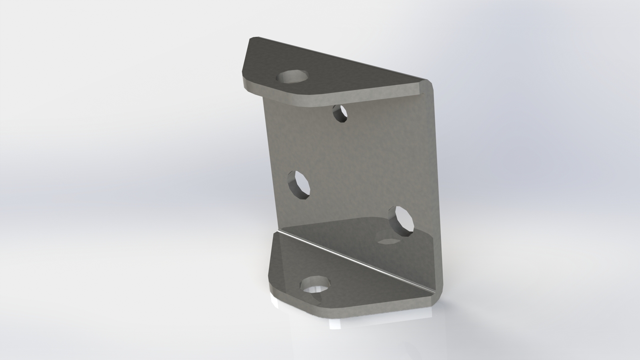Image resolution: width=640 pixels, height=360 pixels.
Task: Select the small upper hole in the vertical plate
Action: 340,114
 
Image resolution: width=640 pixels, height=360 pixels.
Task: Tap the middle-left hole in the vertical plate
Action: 299,184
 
